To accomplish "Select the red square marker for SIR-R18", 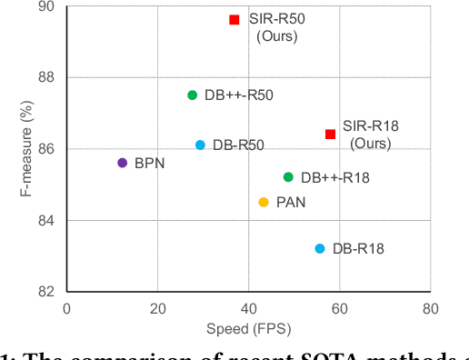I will [x=330, y=134].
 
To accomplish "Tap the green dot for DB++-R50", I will [x=192, y=95].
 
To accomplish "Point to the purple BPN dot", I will [x=123, y=163].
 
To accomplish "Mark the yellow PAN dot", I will [x=264, y=202].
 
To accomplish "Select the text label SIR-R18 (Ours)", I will [x=371, y=135].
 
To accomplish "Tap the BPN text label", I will [x=149, y=164].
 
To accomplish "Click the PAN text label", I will [x=291, y=203].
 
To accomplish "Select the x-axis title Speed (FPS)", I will [x=247, y=328].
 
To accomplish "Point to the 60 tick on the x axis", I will [x=339, y=308].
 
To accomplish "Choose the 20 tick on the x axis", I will [x=157, y=308].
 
